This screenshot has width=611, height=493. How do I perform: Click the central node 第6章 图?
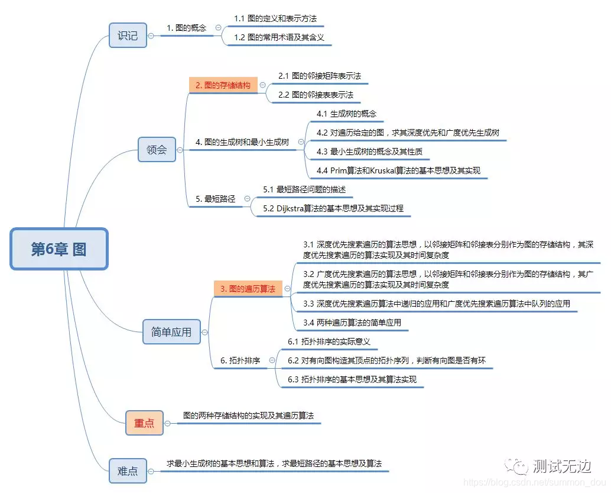pos(59,249)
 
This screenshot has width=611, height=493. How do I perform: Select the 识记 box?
pos(128,36)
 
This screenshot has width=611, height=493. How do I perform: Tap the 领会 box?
pos(157,150)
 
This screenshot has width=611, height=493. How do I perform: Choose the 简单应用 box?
pos(171,332)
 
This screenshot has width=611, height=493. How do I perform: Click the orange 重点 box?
pos(144,423)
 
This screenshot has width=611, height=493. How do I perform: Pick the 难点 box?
pos(128,471)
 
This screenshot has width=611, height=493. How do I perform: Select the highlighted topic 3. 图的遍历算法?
pos(248,289)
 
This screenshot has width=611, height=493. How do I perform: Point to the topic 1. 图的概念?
pos(187,27)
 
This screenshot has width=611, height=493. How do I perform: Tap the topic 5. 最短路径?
pos(216,199)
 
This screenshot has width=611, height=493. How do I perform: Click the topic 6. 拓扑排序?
pos(240,360)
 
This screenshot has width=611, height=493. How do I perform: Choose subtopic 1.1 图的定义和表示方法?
pos(275,19)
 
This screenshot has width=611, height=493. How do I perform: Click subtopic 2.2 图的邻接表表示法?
pos(316,95)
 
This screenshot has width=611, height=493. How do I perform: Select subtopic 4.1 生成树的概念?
pos(346,114)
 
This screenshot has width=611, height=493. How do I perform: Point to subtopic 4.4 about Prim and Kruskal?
pos(398,170)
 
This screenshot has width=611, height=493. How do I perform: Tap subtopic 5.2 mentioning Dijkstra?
pos(333,208)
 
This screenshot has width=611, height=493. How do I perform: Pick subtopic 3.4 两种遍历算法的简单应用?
pos(352,323)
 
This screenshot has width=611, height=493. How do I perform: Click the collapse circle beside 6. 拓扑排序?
pos(272,360)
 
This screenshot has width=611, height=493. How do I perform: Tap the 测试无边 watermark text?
pos(561,466)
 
